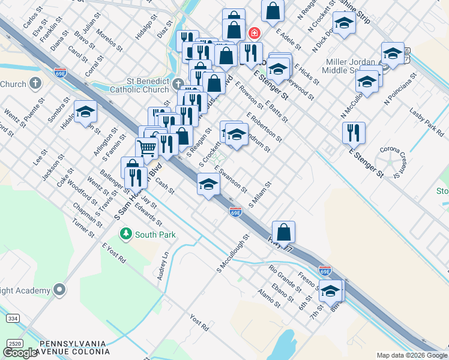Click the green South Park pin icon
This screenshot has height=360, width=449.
(125, 233)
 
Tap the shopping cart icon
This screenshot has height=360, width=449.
(146, 148)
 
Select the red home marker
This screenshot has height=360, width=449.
(255, 32)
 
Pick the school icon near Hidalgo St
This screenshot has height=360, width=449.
(85, 111)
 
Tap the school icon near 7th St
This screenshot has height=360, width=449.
(330, 290)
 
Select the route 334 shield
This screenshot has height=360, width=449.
(13, 318)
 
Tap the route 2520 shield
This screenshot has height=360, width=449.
(14, 343)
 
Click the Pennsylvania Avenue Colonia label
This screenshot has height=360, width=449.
(73, 347)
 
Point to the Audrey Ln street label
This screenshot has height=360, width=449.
(162, 265)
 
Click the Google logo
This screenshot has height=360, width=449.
(20, 353)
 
